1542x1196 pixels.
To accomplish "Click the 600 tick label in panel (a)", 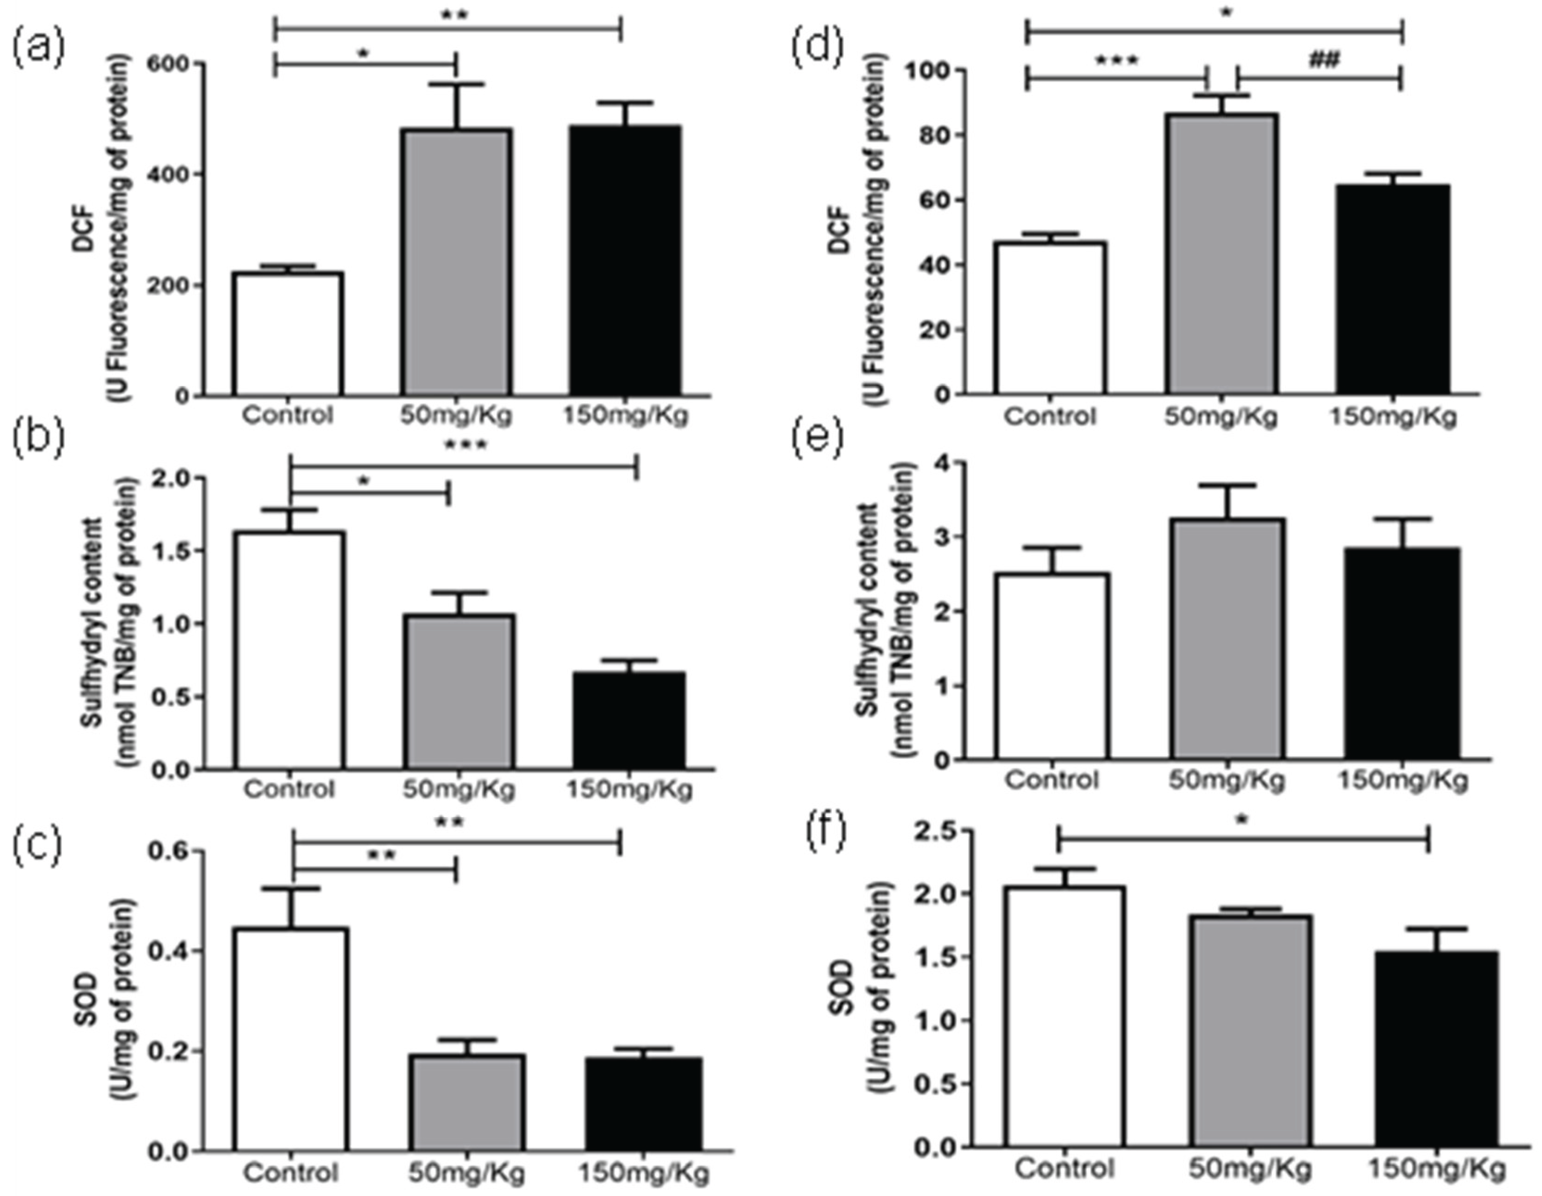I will (170, 63).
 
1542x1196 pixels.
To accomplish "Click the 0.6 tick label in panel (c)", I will (170, 852).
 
